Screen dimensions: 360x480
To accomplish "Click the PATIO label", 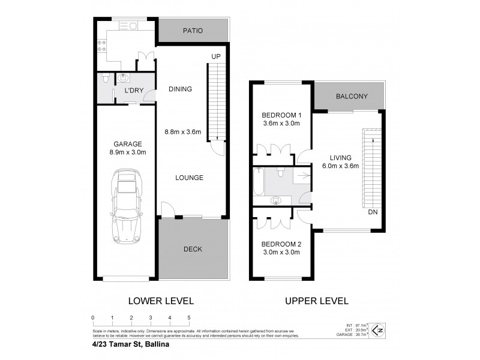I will (193, 30).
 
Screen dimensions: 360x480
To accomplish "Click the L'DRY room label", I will (133, 90).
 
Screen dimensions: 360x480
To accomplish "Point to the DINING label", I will (179, 89).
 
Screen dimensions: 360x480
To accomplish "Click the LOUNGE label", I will (190, 178).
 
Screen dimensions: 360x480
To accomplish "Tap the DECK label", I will (193, 249).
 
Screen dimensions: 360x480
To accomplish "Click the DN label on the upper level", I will (373, 212).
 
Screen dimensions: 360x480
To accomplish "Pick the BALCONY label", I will (352, 97).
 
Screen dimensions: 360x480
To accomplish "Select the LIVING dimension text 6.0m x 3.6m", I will (340, 166).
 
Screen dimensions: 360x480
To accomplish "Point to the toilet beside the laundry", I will (104, 79).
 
